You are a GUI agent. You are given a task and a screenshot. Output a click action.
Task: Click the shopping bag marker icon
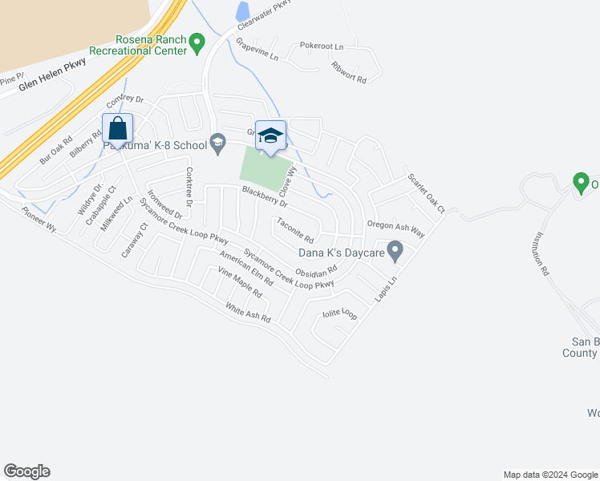tap(117, 128)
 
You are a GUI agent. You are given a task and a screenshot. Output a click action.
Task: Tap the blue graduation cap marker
tap(271, 135)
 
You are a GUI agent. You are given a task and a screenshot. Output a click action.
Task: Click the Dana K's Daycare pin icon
tap(395, 252)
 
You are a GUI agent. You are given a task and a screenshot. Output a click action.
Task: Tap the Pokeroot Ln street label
tap(321, 46)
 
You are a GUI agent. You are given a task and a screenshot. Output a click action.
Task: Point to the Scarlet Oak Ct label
tap(425, 193)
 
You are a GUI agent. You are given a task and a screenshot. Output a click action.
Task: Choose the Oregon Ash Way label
tap(395, 228)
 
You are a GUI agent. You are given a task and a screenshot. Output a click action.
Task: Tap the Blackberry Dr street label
tap(264, 197)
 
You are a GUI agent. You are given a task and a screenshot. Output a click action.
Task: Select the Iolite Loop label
tap(339, 313)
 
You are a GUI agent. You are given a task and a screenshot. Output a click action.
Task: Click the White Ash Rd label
tap(248, 313)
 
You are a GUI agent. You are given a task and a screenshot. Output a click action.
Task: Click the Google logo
tap(26, 471)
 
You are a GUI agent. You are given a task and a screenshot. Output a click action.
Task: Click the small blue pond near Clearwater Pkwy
tap(242, 11)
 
